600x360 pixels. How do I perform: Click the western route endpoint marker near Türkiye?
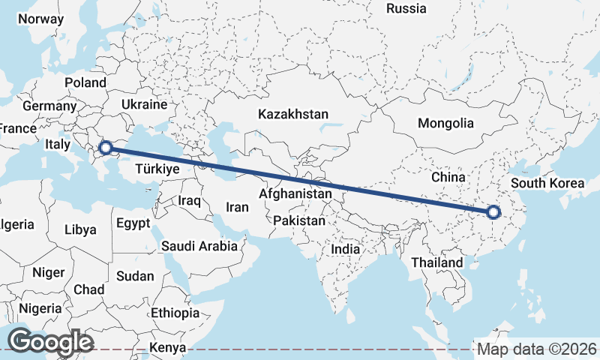coord(106,147)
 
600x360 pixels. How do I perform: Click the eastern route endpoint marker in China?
coord(493,212)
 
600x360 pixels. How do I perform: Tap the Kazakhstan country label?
coord(293,115)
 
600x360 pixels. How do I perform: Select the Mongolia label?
coord(445,123)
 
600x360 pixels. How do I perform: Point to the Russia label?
coord(406,9)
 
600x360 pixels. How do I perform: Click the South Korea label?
coord(546,183)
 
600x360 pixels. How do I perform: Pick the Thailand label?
coord(437,263)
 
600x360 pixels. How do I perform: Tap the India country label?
coord(346,249)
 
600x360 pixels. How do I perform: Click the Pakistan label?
coord(299,221)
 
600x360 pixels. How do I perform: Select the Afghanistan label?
coord(295,193)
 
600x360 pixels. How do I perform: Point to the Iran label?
coord(237,207)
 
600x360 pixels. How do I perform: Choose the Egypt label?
coord(132,223)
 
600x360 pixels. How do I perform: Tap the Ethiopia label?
coord(175,313)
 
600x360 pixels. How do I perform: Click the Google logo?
coord(49,342)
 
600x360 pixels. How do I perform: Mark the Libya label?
coord(80,229)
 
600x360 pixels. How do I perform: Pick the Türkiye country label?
coord(157,169)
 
